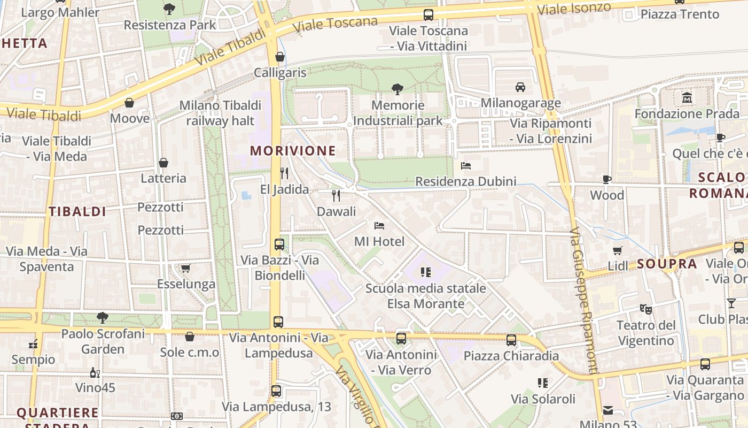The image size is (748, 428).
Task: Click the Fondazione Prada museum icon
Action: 687,98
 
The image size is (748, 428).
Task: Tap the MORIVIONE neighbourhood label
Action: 293,151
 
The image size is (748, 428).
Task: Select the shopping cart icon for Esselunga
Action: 185,268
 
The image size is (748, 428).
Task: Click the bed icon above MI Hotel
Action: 379,226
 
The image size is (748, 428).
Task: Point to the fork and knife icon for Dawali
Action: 336,195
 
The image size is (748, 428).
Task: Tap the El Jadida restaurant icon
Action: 284,173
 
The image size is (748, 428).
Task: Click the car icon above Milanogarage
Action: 520,87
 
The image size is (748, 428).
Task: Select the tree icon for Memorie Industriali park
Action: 397,89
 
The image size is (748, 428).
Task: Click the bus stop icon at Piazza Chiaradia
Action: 511,340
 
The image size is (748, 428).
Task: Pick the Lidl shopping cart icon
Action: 618,250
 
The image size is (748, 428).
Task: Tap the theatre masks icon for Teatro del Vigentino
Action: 646,309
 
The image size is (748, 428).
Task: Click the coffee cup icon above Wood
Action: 607,179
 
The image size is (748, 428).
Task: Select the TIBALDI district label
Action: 77,211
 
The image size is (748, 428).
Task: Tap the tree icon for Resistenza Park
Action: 169,9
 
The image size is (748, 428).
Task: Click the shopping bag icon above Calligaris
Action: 280,57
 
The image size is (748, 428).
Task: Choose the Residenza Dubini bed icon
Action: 466,166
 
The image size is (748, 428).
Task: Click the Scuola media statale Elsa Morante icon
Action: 426,272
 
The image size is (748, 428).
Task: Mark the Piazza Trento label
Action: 680,14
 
